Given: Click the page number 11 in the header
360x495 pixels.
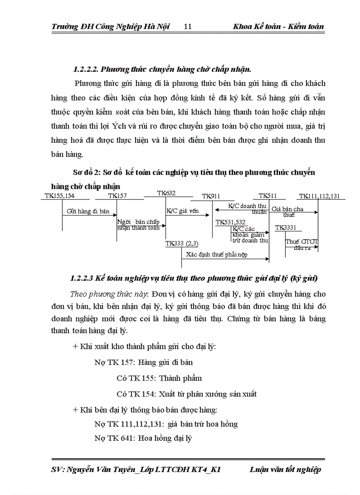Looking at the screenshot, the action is click(x=187, y=26).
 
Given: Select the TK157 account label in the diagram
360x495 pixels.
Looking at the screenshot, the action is click(x=117, y=196).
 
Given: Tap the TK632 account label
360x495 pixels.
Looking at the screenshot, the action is click(x=166, y=193).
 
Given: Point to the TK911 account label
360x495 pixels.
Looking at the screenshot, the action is click(x=211, y=196).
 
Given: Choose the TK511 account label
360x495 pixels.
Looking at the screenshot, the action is click(x=268, y=195).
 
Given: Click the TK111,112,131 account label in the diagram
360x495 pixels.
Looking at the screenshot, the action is click(x=319, y=196).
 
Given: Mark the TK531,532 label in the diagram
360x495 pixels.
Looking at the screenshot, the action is click(x=230, y=223).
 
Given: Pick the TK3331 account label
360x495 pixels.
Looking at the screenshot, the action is click(x=285, y=228).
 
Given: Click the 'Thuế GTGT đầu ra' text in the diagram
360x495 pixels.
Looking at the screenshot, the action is click(x=301, y=245).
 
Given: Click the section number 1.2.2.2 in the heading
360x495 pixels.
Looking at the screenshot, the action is click(x=86, y=69).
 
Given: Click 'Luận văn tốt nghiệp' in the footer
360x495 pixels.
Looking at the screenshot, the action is click(x=285, y=469).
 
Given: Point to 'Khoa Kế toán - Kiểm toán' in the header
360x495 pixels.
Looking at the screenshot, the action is click(x=278, y=26).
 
